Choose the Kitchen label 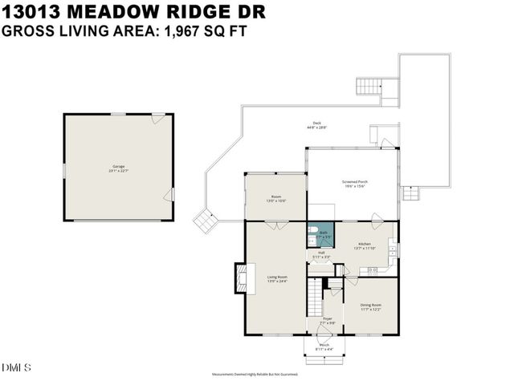tap(364, 245)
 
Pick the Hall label tap(320, 254)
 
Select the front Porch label tap(324, 346)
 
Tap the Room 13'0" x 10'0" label tap(276, 198)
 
